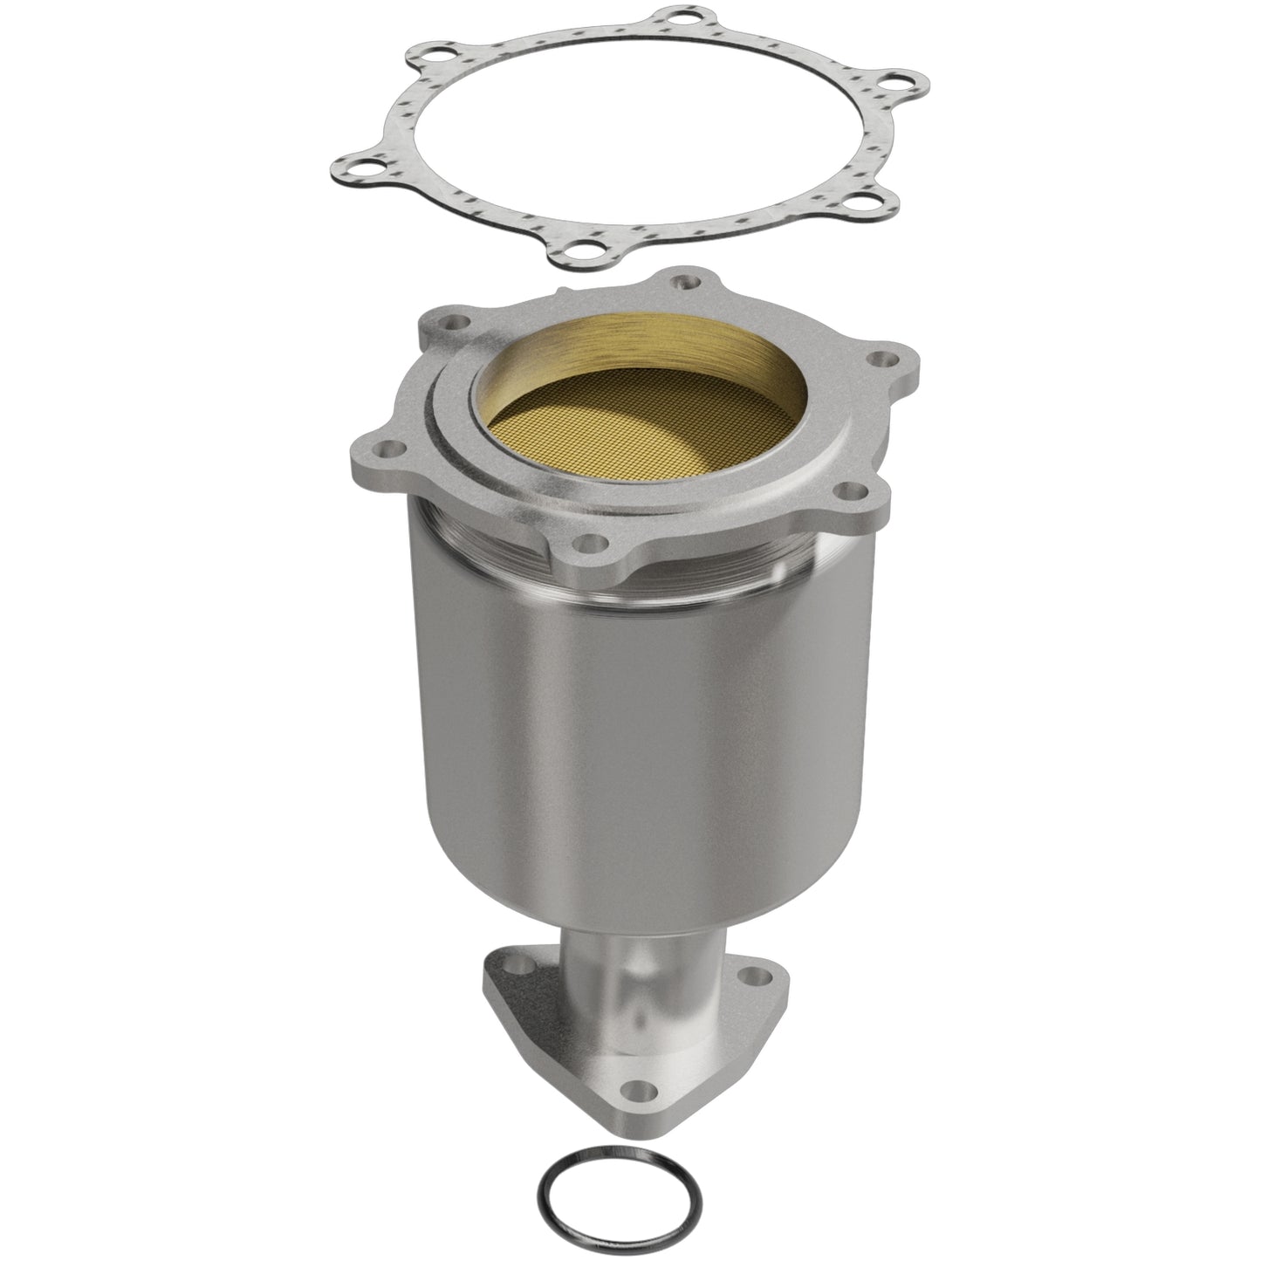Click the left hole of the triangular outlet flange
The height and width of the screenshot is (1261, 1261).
pyautogui.click(x=522, y=964)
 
